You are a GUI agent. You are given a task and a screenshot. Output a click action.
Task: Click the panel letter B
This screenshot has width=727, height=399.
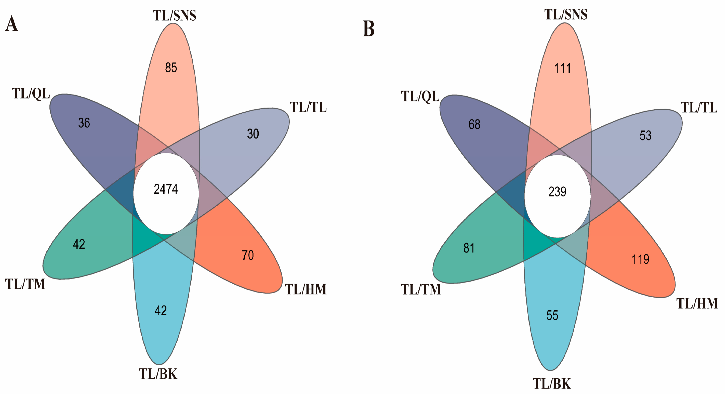click(x=368, y=29)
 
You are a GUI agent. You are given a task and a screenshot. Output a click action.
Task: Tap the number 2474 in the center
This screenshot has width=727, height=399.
click(x=166, y=189)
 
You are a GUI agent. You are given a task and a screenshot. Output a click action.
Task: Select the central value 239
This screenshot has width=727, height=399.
click(x=557, y=192)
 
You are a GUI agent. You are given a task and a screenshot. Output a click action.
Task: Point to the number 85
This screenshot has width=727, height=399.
click(x=171, y=68)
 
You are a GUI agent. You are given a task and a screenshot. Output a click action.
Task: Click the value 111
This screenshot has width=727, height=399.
click(x=562, y=68)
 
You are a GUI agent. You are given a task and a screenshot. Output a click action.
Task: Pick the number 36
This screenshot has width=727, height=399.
click(x=84, y=123)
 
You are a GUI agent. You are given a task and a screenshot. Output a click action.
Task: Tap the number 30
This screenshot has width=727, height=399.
click(x=253, y=134)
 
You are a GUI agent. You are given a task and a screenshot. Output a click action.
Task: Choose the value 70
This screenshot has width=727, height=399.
click(x=248, y=255)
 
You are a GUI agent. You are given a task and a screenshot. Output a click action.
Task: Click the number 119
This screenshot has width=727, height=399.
click(x=640, y=259)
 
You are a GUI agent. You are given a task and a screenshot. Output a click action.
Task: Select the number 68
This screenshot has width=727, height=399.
click(x=474, y=124)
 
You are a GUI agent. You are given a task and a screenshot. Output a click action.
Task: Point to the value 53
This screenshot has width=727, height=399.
click(x=645, y=136)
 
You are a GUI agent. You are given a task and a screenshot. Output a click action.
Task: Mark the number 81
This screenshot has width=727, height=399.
click(x=469, y=248)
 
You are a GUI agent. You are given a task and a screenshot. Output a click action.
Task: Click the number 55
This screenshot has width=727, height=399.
click(x=552, y=315)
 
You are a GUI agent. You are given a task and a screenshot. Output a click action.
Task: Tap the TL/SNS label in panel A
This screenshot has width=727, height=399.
click(x=175, y=15)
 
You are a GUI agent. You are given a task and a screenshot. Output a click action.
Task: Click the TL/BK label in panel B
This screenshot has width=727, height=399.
click(x=551, y=384)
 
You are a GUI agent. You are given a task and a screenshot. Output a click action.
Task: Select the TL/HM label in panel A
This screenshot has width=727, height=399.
click(x=306, y=289)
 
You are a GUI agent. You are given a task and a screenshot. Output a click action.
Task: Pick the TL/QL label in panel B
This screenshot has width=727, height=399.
click(x=420, y=97)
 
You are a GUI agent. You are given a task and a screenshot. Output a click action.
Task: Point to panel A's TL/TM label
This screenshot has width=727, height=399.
click(x=25, y=284)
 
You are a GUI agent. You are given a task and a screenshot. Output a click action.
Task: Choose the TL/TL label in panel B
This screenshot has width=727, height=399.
click(x=699, y=108)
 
